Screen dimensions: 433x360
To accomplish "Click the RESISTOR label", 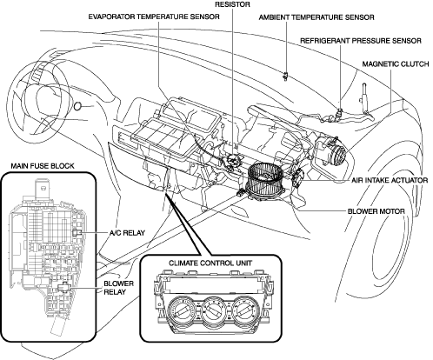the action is click(x=232, y=4).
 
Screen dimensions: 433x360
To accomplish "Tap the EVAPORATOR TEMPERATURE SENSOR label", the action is click(x=154, y=17).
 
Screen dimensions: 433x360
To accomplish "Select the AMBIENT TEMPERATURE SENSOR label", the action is click(x=316, y=17).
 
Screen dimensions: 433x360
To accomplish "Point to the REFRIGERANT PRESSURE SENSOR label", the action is click(x=361, y=41).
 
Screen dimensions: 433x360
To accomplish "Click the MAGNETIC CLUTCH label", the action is click(x=396, y=63).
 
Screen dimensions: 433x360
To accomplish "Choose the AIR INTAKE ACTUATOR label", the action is click(x=390, y=180).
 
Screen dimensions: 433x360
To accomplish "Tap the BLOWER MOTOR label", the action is click(x=376, y=211).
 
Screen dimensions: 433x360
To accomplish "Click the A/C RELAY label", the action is click(x=127, y=233).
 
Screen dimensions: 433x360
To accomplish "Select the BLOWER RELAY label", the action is click(x=118, y=288).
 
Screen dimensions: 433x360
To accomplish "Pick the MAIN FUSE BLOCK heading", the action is click(x=43, y=166).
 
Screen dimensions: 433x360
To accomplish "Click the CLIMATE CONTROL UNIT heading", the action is click(x=210, y=263).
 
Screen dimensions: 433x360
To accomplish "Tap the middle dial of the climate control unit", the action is click(x=214, y=310).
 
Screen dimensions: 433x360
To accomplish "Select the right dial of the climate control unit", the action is click(x=245, y=310).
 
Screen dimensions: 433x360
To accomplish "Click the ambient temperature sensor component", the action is click(x=286, y=76).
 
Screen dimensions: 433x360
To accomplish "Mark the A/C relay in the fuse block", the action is click(x=77, y=232).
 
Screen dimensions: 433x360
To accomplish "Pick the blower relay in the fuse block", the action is click(x=63, y=287).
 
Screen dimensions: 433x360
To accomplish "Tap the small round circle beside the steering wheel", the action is click(x=77, y=107).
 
